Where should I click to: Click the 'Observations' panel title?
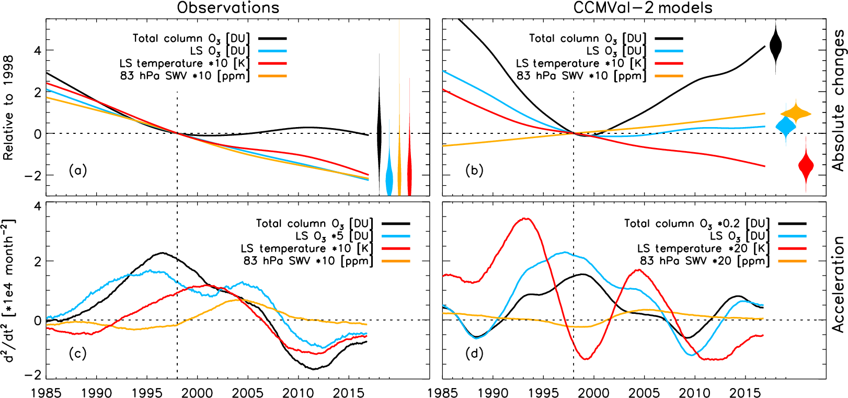pyautogui.click(x=228, y=8)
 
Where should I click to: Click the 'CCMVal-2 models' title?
pyautogui.click(x=643, y=8)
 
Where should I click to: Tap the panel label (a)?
pyautogui.click(x=78, y=170)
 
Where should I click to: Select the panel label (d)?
pyautogui.click(x=474, y=354)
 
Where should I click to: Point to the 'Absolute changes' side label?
pyautogui.click(x=838, y=100)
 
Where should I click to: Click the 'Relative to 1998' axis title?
pyautogui.click(x=8, y=108)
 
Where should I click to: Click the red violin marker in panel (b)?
pyautogui.click(x=806, y=166)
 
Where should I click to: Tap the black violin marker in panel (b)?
pyautogui.click(x=776, y=46)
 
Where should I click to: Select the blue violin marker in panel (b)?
pyautogui.click(x=785, y=126)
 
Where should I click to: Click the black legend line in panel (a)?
pyautogui.click(x=272, y=38)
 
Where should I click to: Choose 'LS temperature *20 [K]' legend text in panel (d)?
pyautogui.click(x=703, y=248)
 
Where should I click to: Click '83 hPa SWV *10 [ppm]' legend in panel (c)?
pyautogui.click(x=308, y=261)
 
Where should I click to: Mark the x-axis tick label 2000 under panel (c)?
pyautogui.click(x=197, y=392)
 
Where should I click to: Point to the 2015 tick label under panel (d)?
pyautogui.click(x=745, y=392)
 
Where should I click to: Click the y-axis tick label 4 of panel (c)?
pyautogui.click(x=37, y=206)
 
